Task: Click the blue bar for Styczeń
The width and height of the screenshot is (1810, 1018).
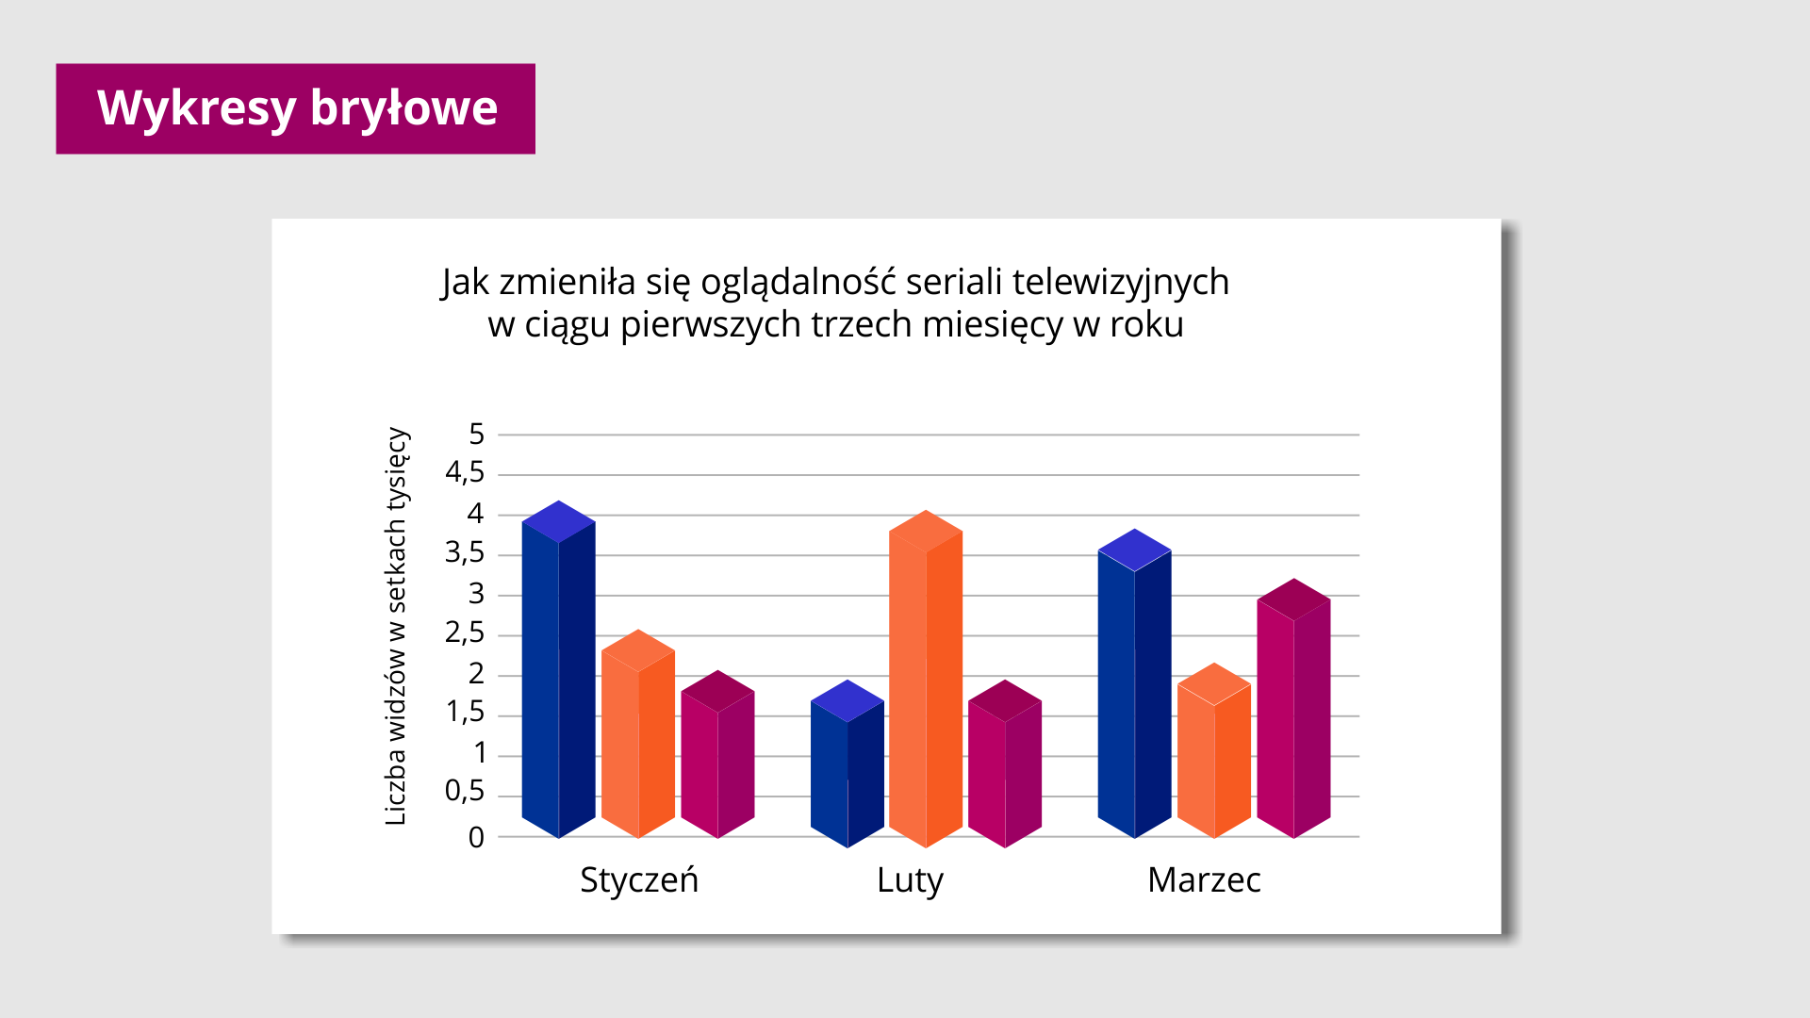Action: tap(558, 669)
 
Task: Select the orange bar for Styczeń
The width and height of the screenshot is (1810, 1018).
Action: tap(638, 734)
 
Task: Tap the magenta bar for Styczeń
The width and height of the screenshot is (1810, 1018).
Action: tap(717, 754)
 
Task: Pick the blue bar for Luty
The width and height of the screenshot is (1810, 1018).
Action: tap(847, 763)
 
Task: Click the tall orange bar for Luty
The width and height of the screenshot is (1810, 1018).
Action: tap(926, 679)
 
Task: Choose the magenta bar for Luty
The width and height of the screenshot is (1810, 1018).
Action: tap(1005, 763)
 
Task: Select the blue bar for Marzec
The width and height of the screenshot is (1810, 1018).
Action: tap(1135, 683)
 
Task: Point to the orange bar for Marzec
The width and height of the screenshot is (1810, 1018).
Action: tap(1214, 750)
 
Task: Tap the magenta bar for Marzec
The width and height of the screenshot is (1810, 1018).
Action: tap(1293, 709)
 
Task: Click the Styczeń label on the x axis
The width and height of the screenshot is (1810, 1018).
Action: tap(639, 879)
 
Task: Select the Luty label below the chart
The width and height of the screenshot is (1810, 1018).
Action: tap(910, 881)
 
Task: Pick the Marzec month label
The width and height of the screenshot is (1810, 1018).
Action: tap(1204, 879)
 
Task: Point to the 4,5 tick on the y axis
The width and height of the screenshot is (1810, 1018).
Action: tap(465, 472)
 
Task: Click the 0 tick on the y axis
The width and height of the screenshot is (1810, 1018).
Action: tap(476, 837)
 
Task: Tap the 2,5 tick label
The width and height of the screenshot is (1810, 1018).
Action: tap(465, 632)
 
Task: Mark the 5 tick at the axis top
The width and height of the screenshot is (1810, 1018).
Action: tap(476, 434)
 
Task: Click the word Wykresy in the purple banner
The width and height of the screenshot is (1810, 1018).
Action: tap(197, 108)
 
